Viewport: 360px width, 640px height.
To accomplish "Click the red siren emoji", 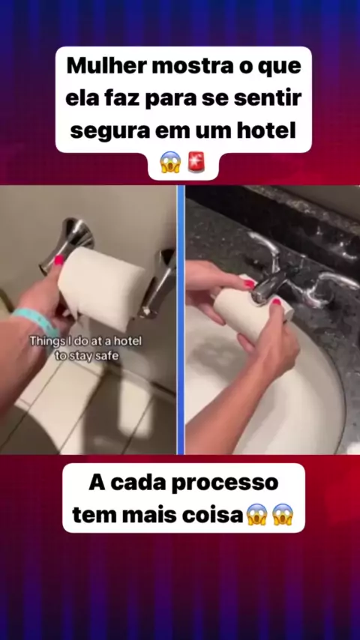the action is (x=196, y=162).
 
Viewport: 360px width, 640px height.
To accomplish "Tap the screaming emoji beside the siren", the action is (x=170, y=162).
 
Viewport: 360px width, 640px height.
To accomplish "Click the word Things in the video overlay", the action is (x=45, y=341).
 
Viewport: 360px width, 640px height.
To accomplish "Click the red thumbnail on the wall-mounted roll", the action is (x=60, y=260).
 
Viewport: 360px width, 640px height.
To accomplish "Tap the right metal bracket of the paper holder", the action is (x=158, y=283).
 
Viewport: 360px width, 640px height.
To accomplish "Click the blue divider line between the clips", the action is (x=181, y=319).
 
